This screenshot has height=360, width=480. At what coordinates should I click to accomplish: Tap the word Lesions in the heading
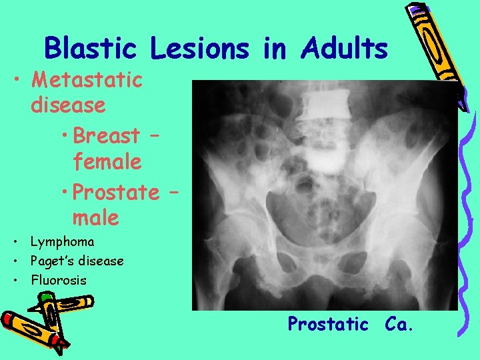(199, 49)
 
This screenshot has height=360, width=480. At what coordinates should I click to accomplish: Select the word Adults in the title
(344, 49)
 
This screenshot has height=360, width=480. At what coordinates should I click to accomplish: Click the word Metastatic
(87, 80)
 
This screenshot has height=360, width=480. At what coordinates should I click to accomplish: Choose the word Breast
(107, 135)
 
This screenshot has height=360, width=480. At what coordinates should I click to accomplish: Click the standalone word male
(96, 217)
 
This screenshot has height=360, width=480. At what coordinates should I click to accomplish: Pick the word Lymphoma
(63, 241)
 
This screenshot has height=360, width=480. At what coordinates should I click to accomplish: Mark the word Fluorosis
(59, 280)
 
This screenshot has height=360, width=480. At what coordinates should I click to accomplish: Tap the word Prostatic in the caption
(328, 324)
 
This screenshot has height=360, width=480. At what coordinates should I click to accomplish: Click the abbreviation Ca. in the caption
(399, 324)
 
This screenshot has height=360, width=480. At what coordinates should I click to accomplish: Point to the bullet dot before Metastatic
(18, 81)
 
